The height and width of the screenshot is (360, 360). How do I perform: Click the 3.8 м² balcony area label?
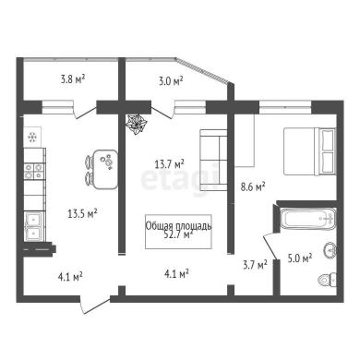pos(73,79)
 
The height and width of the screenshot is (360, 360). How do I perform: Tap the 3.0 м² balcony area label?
pos(170,81)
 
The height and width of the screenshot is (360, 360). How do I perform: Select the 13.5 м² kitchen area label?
pos(82,213)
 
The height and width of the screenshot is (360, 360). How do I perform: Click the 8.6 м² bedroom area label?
pos(253,187)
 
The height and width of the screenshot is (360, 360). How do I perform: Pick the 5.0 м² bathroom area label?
pos(300,258)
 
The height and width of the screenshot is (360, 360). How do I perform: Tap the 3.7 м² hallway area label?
pos(255,265)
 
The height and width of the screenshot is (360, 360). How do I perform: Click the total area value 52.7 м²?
pos(178,235)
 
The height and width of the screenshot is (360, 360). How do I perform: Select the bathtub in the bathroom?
pos(308,219)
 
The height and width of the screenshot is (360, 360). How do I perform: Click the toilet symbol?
pos(327,279)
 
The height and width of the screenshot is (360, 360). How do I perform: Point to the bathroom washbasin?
pos(330,250)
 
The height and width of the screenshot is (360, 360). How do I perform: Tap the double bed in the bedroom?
pos(309,151)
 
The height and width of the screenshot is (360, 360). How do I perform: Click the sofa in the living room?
pos(213,160)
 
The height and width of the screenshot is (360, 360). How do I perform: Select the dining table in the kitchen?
pos(105,169)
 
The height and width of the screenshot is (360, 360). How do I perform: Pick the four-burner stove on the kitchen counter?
pos(33,172)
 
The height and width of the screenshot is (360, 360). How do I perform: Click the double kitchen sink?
pos(34,226)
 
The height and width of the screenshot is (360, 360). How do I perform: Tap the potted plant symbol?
pos(137,124)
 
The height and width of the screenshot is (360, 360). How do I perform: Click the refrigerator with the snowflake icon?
pos(32,137)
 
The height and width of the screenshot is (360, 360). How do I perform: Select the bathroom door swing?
pos(270,246)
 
